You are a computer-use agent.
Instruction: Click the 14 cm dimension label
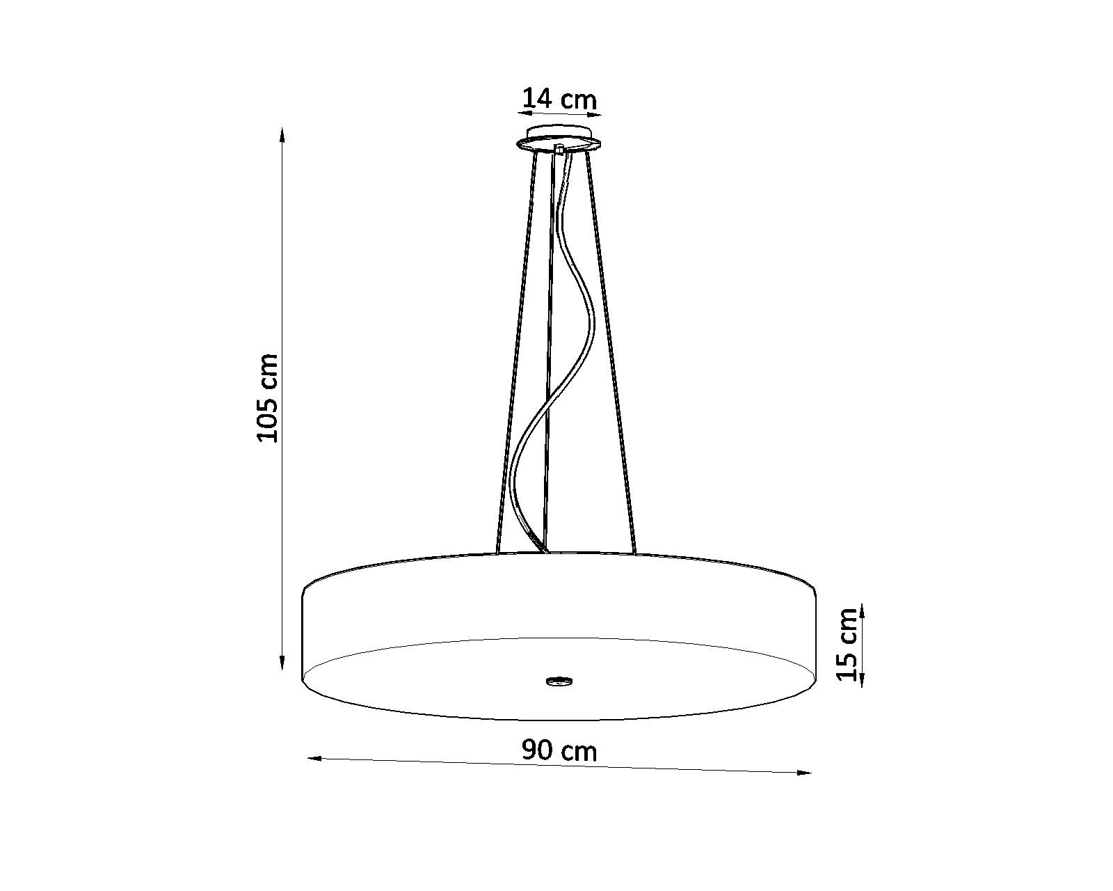(x=559, y=98)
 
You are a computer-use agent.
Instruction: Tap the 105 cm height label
(x=268, y=398)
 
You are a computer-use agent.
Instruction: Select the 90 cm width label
(x=559, y=750)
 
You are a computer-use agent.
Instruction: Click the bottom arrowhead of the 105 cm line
(x=282, y=661)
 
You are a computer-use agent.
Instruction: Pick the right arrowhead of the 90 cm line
(x=803, y=773)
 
